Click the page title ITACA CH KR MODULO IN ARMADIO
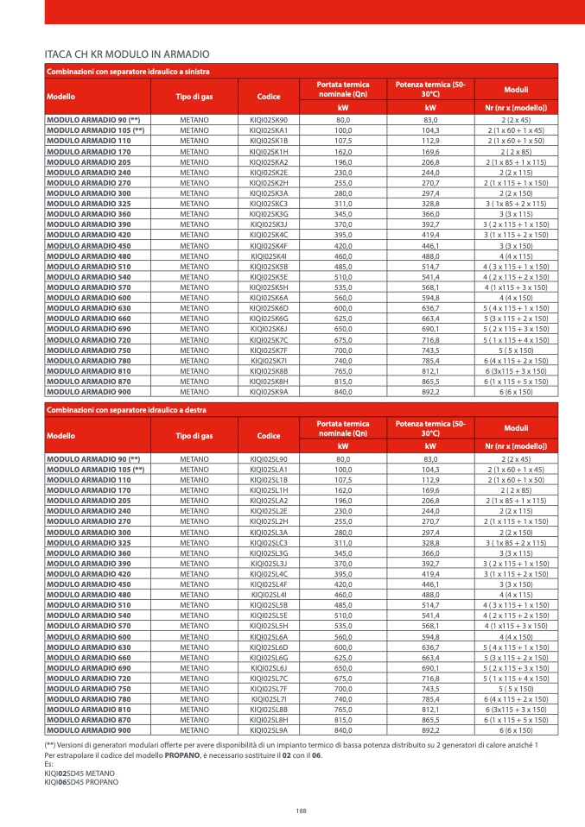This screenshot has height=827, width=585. click(125, 54)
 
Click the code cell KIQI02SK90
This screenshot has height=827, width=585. click(269, 119)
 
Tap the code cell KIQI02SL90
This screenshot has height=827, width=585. click(269, 458)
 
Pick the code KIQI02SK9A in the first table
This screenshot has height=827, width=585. click(269, 391)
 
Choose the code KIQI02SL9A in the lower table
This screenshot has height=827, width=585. click(269, 729)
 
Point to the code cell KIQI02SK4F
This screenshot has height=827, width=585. click(269, 245)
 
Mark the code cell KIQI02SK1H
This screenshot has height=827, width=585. click(269, 151)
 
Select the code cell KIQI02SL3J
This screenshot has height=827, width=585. click(269, 563)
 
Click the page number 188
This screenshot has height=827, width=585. click(301, 810)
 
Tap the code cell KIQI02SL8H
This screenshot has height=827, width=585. click(269, 719)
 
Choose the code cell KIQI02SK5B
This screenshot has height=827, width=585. click(269, 266)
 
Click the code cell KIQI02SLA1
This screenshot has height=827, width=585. click(269, 468)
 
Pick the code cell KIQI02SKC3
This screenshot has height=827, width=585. click(269, 203)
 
